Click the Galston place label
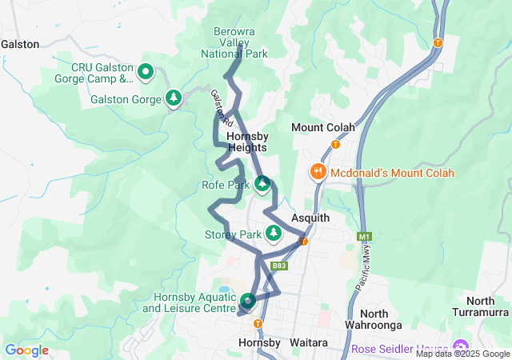pos(20,45)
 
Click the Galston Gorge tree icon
pos(174,98)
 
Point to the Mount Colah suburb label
pos(318,127)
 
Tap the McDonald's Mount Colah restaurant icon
pos(318,172)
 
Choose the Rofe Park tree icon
pos(262,185)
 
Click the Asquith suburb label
pos(310,218)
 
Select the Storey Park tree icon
pos(274,233)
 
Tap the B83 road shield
pos(279,266)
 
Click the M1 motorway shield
pos(365,237)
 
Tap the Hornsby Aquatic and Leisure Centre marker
pos(248,302)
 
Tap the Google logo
pos(26,350)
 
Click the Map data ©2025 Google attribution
pos(462,354)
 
